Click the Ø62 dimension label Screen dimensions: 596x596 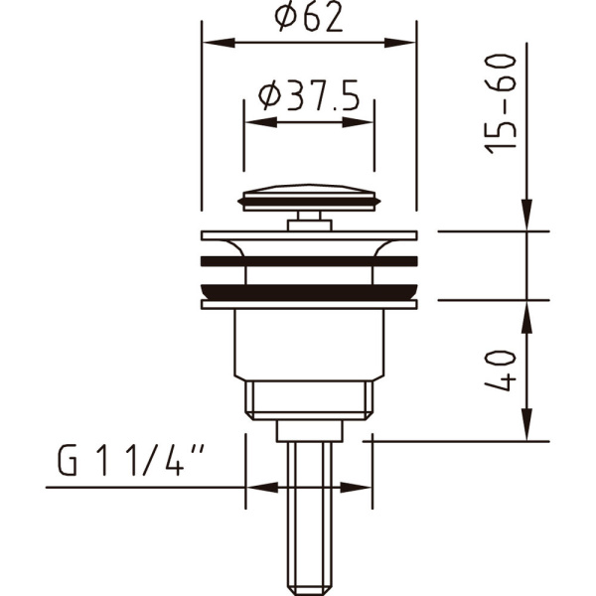(x=309, y=18)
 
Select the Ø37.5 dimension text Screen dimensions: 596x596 (x=309, y=95)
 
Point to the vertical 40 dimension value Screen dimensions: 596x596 (x=501, y=371)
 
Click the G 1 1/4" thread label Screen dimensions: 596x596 (x=130, y=461)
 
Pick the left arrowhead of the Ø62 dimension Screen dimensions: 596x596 (x=219, y=43)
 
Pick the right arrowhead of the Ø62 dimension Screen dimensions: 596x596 (x=400, y=43)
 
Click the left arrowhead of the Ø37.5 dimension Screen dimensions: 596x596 (x=261, y=122)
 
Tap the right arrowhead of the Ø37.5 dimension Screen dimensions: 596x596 (x=358, y=122)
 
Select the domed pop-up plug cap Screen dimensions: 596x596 (x=309, y=198)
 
